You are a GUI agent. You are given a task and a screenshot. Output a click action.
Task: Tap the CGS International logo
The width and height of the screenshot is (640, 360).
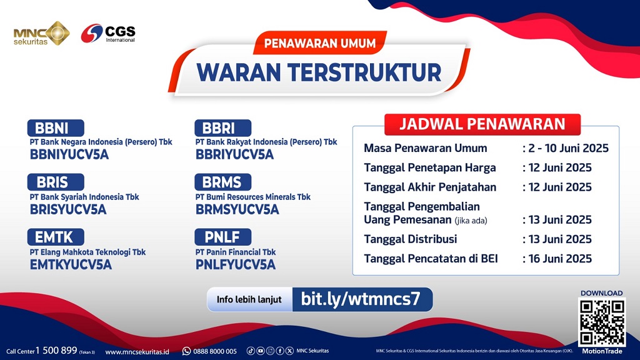pos(108,33)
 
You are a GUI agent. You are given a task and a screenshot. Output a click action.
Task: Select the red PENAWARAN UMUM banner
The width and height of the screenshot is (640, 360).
pos(319,43)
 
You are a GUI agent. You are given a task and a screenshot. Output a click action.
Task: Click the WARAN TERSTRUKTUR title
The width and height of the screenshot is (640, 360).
pos(319,72)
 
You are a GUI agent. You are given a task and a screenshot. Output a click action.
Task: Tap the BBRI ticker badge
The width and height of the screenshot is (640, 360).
pos(222,129)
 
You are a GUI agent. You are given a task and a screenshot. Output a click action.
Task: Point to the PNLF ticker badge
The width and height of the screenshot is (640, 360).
pos(222,237)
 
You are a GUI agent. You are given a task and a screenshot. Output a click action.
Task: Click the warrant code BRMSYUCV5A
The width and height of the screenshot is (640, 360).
pos(237,210)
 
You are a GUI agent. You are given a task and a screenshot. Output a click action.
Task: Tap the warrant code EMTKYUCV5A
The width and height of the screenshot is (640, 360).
pos(71,264)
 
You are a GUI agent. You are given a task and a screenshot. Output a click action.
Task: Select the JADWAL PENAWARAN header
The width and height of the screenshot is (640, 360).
pos(482,124)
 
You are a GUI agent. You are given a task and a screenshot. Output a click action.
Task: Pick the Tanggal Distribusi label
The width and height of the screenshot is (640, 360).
pos(410,239)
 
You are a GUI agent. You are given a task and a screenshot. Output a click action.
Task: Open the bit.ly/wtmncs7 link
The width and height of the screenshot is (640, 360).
pos(360,299)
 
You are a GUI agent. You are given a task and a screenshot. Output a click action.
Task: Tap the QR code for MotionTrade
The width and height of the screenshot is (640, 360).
pos(602,322)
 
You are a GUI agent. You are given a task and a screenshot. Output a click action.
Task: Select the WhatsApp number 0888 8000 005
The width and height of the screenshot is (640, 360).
pos(214,351)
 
